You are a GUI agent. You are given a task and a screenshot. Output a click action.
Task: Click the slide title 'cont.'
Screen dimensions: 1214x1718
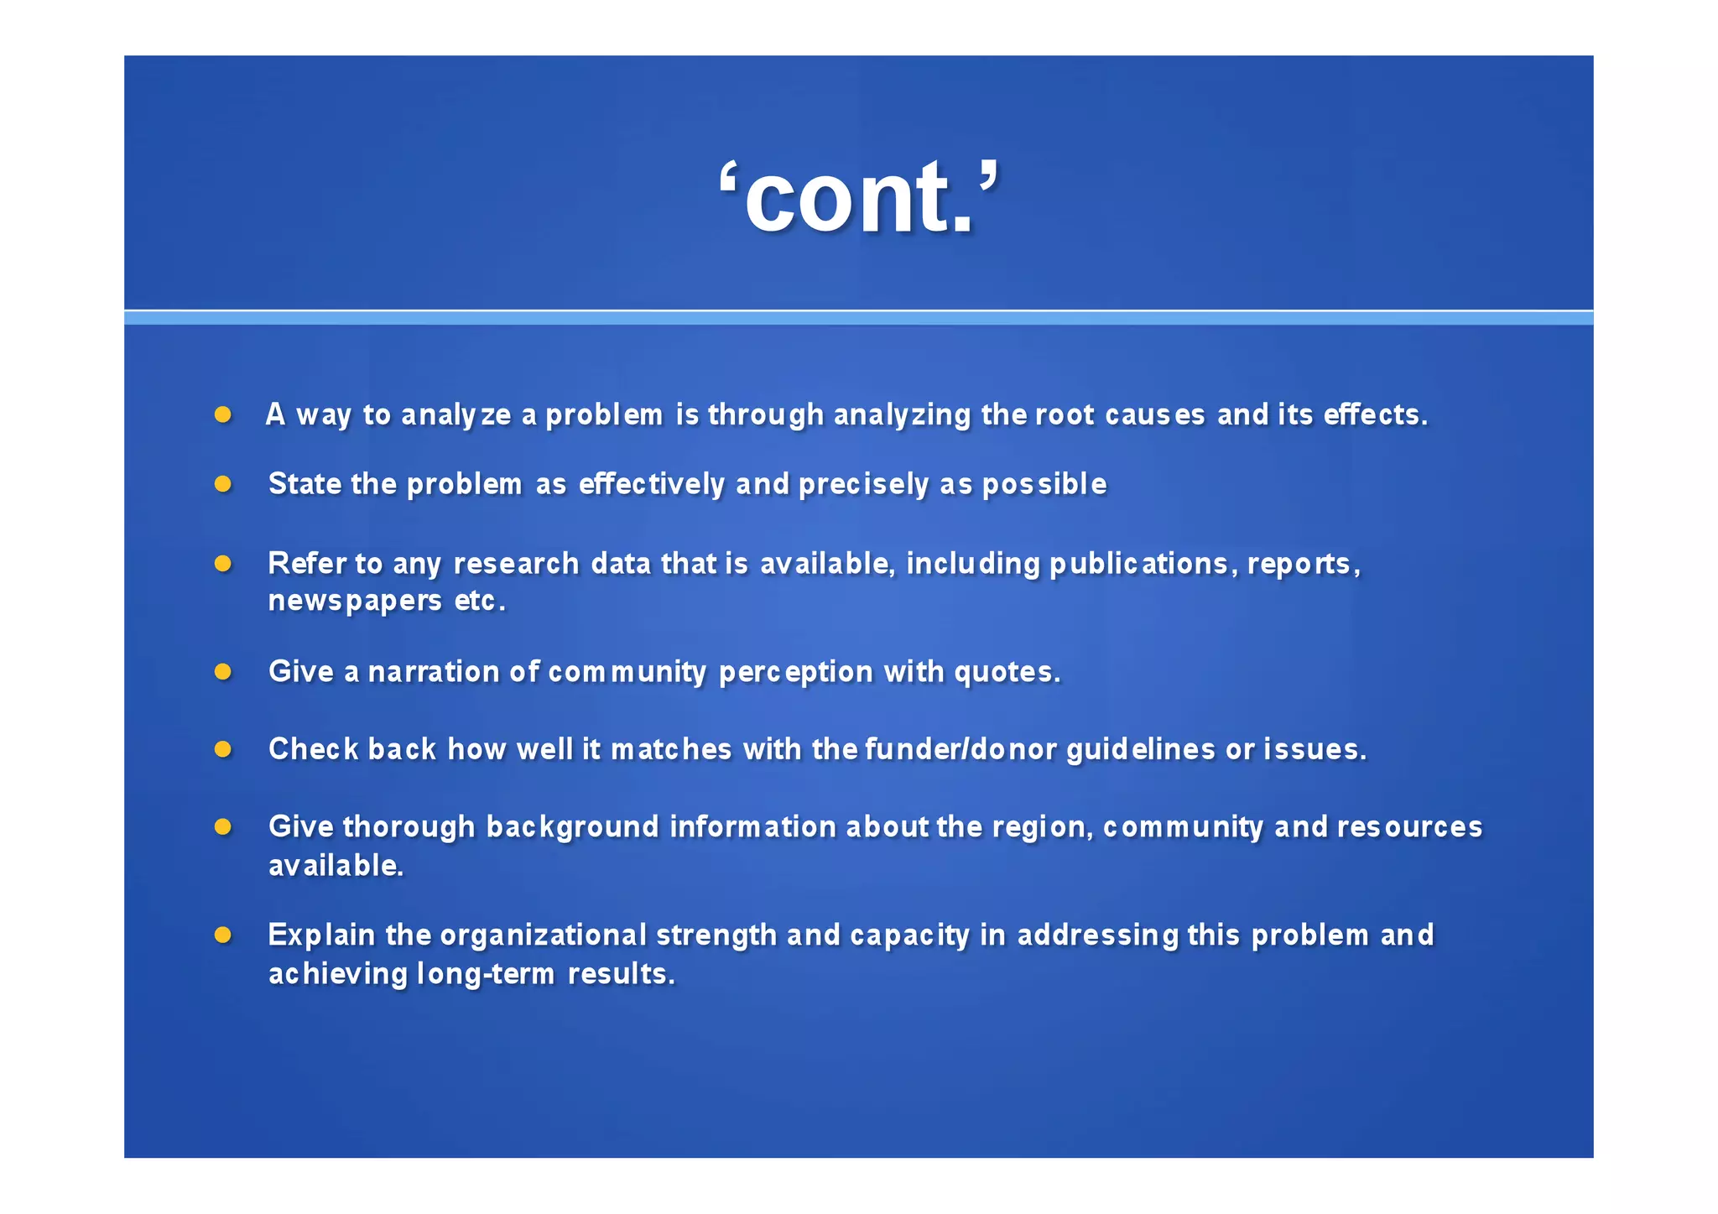pyautogui.click(x=859, y=198)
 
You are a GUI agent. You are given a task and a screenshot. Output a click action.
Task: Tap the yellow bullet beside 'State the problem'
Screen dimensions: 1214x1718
pyautogui.click(x=222, y=484)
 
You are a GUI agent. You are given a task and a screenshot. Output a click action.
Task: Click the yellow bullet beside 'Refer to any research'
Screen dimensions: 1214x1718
pyautogui.click(x=222, y=563)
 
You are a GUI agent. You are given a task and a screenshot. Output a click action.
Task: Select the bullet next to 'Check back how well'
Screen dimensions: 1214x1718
pyautogui.click(x=222, y=748)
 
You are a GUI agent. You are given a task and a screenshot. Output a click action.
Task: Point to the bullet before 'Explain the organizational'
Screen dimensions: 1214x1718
pyautogui.click(x=222, y=935)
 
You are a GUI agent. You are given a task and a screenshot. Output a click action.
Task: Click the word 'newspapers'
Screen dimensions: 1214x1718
pyautogui.click(x=355, y=602)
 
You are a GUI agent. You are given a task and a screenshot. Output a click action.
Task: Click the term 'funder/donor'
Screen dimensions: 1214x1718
pyautogui.click(x=961, y=749)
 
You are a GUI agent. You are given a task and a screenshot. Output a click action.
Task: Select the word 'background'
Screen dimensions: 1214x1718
pyautogui.click(x=572, y=827)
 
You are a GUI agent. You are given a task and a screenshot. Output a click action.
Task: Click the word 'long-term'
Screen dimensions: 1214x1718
pyautogui.click(x=486, y=974)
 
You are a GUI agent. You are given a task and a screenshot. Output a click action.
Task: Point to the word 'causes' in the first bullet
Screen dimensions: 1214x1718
pyautogui.click(x=1155, y=414)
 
